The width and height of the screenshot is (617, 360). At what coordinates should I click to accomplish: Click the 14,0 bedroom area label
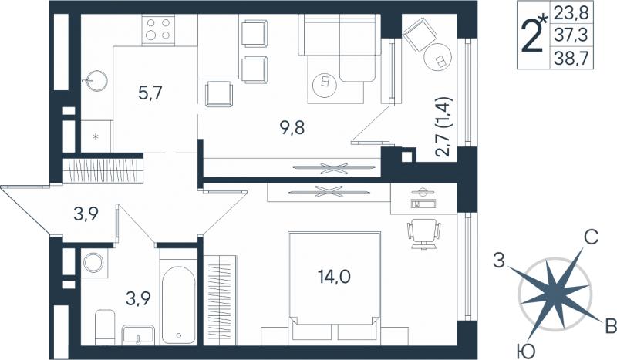tap(334, 277)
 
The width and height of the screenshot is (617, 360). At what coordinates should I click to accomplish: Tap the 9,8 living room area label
tap(292, 127)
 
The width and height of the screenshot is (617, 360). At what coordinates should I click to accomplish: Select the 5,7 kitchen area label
tap(150, 93)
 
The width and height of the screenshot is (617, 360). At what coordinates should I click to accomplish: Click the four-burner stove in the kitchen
tap(158, 29)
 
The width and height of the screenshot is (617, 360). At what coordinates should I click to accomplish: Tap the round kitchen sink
tap(95, 81)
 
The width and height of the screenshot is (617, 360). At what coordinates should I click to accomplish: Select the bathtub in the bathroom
tap(179, 305)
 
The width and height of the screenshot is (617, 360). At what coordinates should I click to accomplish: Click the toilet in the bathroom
tap(105, 327)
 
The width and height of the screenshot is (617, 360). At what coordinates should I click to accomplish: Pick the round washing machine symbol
tap(93, 262)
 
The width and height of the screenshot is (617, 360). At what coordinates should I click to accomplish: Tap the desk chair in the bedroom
tap(423, 234)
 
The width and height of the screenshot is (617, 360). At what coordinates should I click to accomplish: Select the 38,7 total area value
tap(571, 59)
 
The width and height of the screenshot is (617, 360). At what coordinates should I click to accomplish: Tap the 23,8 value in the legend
tap(571, 13)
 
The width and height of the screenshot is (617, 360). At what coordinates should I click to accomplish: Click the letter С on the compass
tap(591, 237)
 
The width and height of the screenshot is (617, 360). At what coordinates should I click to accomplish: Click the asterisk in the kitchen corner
tap(95, 136)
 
